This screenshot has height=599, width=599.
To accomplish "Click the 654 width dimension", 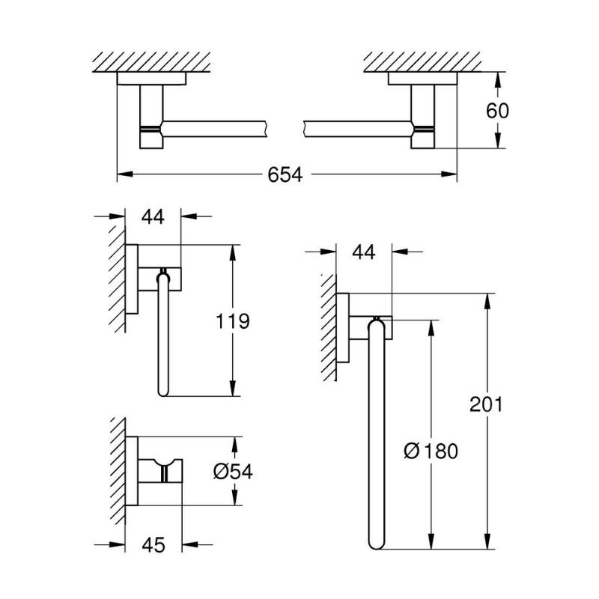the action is (x=285, y=174).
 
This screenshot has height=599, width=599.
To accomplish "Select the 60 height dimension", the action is (x=497, y=111).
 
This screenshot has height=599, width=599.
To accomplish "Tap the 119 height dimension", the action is (x=233, y=321).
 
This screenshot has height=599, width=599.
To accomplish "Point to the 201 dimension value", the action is (x=486, y=404).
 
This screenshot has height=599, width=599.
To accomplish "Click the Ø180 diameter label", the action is (x=431, y=451).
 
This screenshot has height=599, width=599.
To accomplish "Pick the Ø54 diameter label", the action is (x=233, y=472).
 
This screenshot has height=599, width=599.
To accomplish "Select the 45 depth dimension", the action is (x=153, y=545).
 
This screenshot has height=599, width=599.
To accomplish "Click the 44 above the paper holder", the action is (x=153, y=216).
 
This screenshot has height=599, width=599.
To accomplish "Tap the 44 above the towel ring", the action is (x=364, y=252).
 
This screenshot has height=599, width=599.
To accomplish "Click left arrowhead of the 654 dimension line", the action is (x=124, y=174).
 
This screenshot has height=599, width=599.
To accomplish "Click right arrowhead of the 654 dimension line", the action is (x=449, y=174).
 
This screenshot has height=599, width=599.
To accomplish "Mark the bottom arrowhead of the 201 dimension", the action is (x=487, y=541).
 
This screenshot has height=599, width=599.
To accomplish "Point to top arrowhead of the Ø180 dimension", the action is (x=431, y=328).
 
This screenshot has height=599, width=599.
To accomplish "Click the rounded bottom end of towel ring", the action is (x=376, y=544).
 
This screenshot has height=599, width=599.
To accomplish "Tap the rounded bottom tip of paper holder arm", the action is (x=163, y=392).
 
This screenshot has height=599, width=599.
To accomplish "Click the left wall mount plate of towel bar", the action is (x=151, y=79).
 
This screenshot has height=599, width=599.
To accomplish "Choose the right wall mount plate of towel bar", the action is (x=422, y=79).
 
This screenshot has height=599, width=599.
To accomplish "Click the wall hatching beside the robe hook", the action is (x=118, y=471).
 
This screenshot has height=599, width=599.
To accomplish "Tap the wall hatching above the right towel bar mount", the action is (x=422, y=62).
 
